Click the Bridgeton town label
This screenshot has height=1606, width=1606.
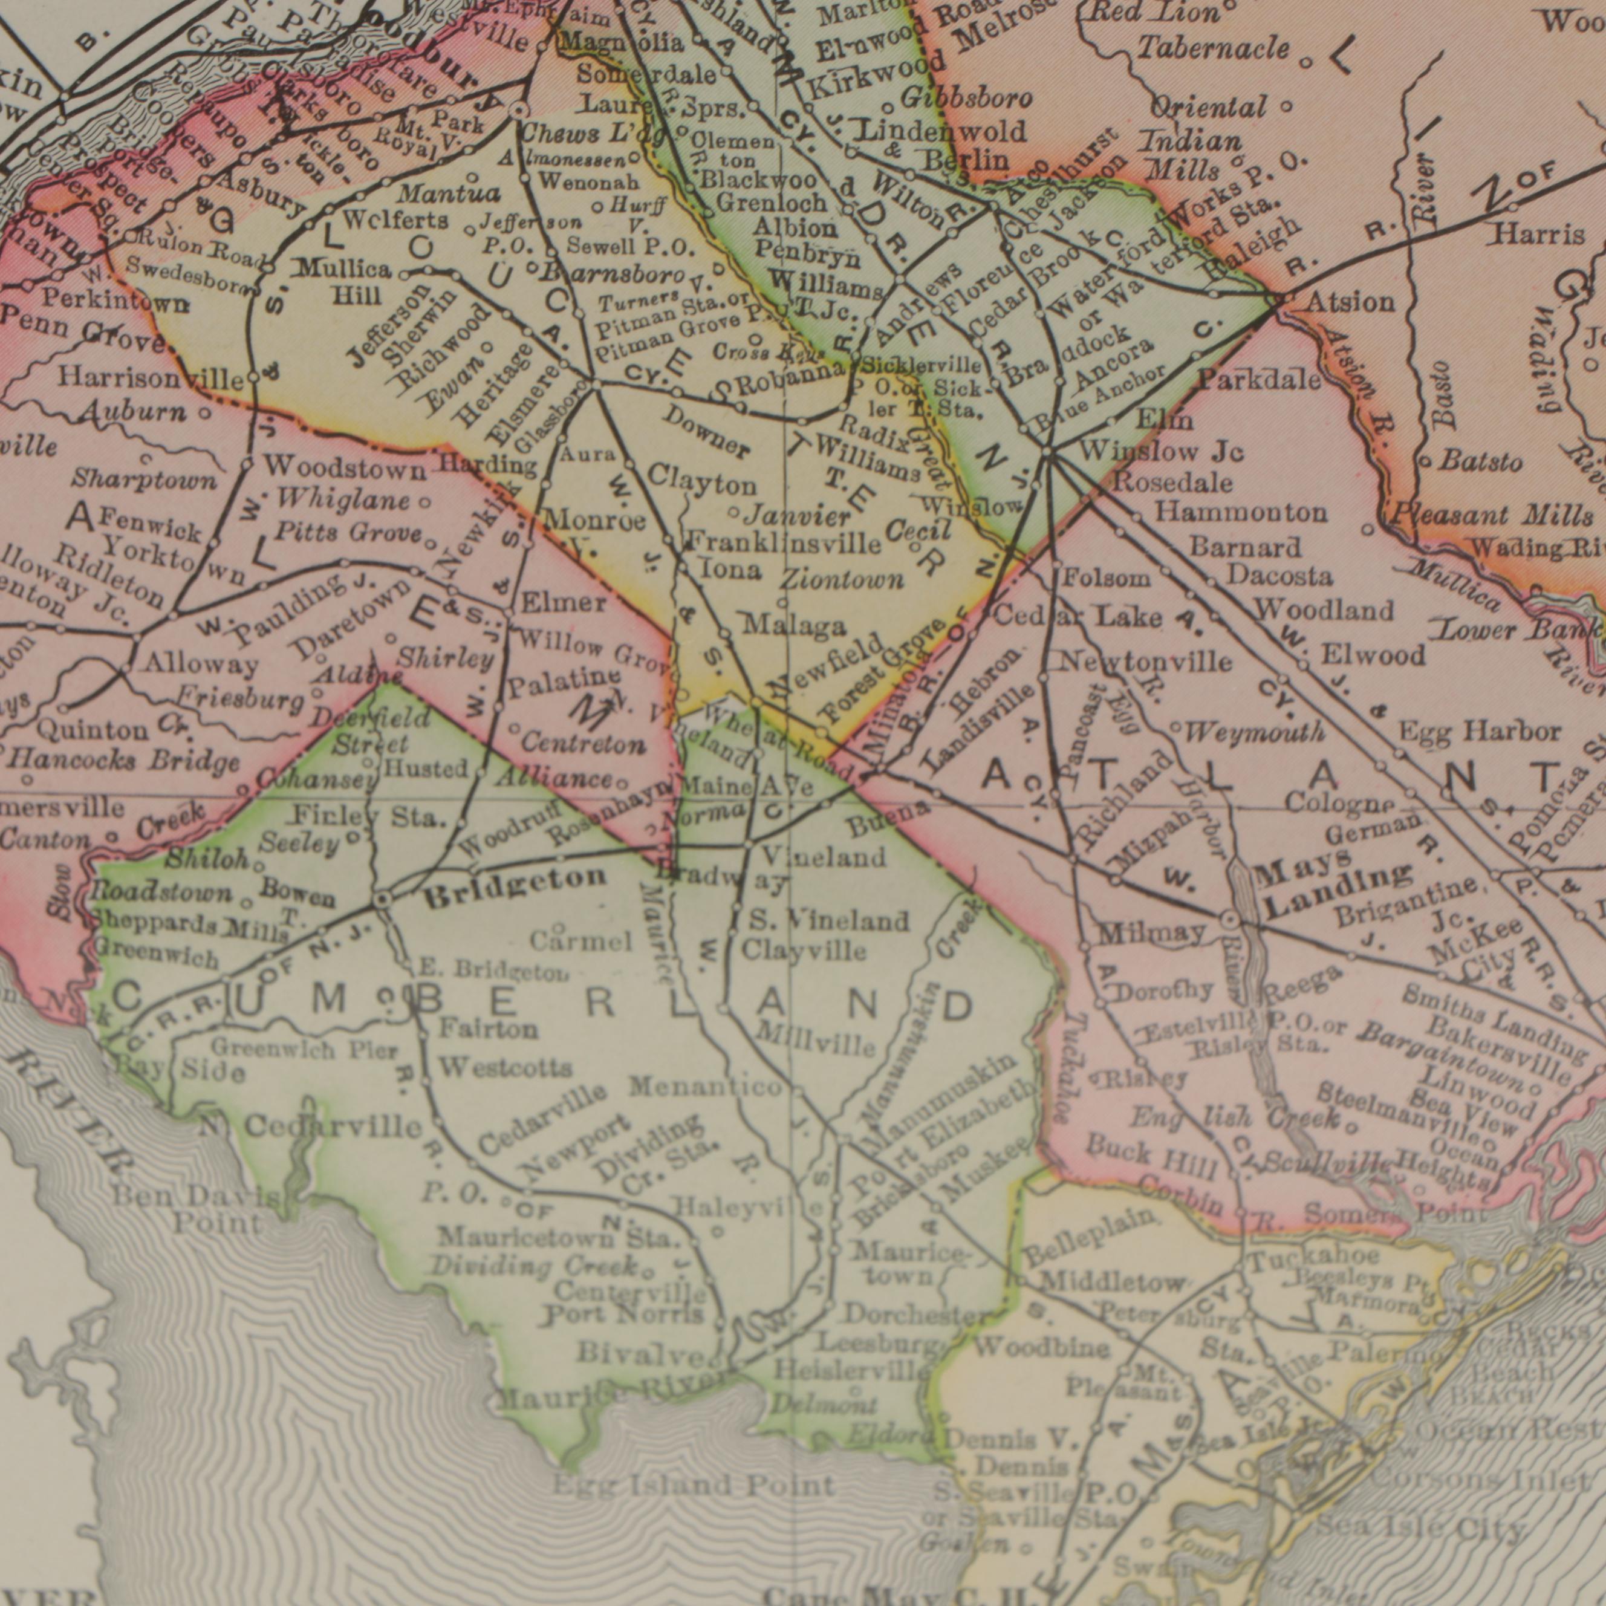coord(515,878)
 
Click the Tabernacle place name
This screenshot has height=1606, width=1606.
coord(1213,49)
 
